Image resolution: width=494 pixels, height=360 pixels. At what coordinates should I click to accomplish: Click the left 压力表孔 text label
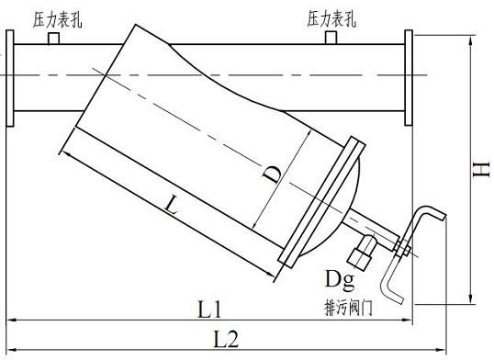[x=56, y=18]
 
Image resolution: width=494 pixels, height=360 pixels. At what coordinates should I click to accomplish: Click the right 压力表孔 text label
[x=332, y=17]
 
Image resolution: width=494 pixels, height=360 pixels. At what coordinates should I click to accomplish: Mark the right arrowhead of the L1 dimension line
[x=406, y=321]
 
